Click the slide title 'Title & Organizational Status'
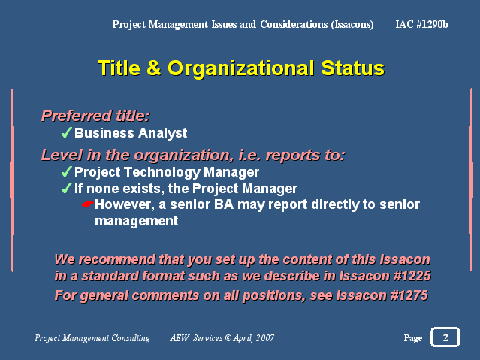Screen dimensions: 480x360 click(x=241, y=68)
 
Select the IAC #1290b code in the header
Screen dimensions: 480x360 click(x=421, y=24)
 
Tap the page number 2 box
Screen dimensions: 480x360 click(x=445, y=337)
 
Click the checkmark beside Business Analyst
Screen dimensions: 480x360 click(x=66, y=133)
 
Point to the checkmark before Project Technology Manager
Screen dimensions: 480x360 click(x=66, y=171)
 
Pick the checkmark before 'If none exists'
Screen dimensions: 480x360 click(x=66, y=188)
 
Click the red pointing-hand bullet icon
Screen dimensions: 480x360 click(x=88, y=204)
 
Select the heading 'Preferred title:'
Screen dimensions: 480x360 click(x=95, y=116)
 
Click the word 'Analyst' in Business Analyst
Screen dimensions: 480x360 click(x=162, y=134)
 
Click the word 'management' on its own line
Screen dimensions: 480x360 click(x=136, y=221)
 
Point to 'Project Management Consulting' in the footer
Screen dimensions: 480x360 click(x=92, y=338)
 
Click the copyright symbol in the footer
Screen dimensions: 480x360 click(x=228, y=337)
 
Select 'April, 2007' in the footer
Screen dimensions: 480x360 click(x=253, y=338)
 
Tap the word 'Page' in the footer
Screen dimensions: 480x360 click(x=413, y=338)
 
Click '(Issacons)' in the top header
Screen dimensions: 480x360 click(x=352, y=25)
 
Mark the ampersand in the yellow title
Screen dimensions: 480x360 click(x=154, y=68)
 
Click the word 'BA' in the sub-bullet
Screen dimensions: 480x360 click(x=224, y=204)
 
